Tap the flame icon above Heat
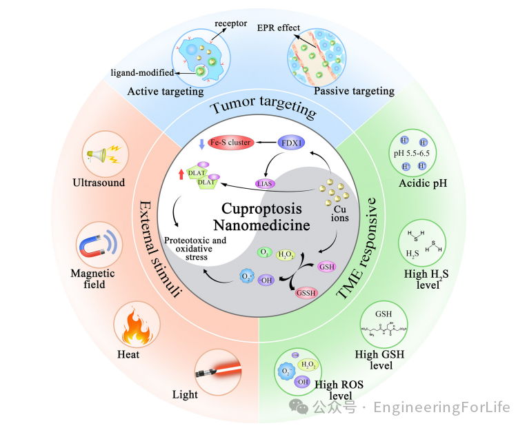135,327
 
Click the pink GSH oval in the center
327,266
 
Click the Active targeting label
166,91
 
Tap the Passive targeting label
354,91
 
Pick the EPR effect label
277,28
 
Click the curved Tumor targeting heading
263,109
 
